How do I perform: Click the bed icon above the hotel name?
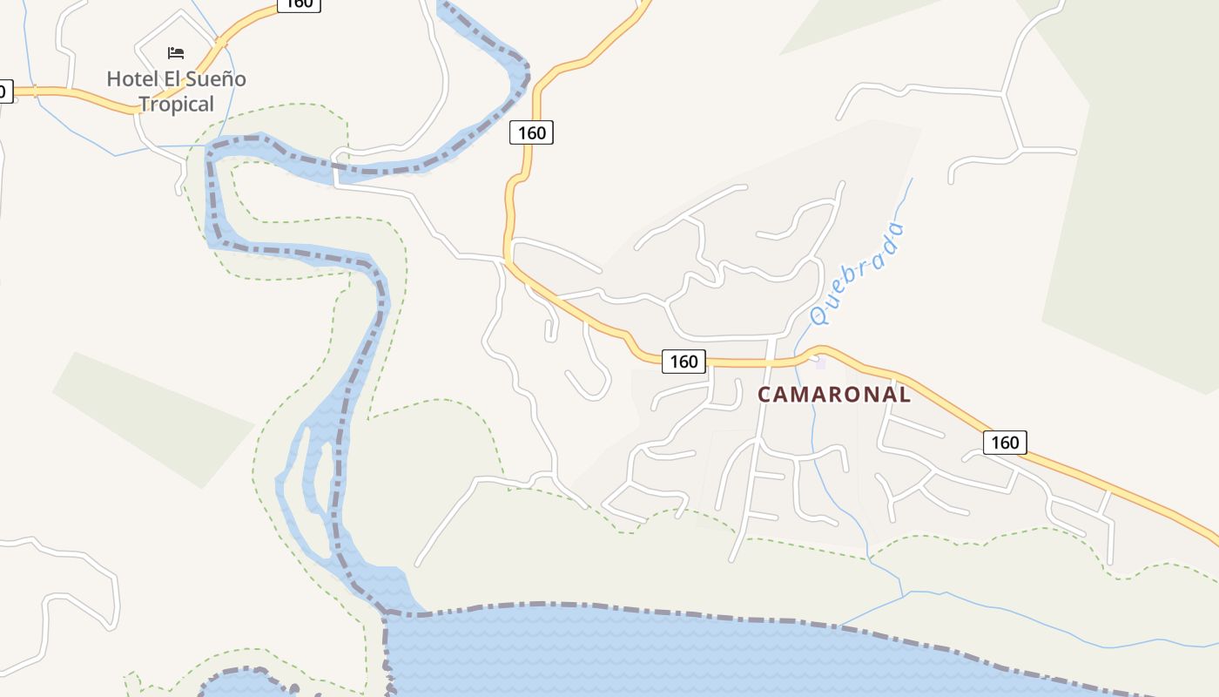point(176,52)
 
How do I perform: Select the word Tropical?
point(176,105)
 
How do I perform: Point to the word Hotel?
point(134,79)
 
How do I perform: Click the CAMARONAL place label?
point(834,395)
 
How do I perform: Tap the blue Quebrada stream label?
point(858,274)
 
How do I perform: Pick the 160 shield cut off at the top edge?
point(299,3)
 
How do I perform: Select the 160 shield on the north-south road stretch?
point(531,132)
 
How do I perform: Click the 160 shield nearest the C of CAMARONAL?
point(684,361)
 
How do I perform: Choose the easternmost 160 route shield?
point(1005,443)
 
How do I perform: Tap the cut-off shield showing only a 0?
point(5,91)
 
